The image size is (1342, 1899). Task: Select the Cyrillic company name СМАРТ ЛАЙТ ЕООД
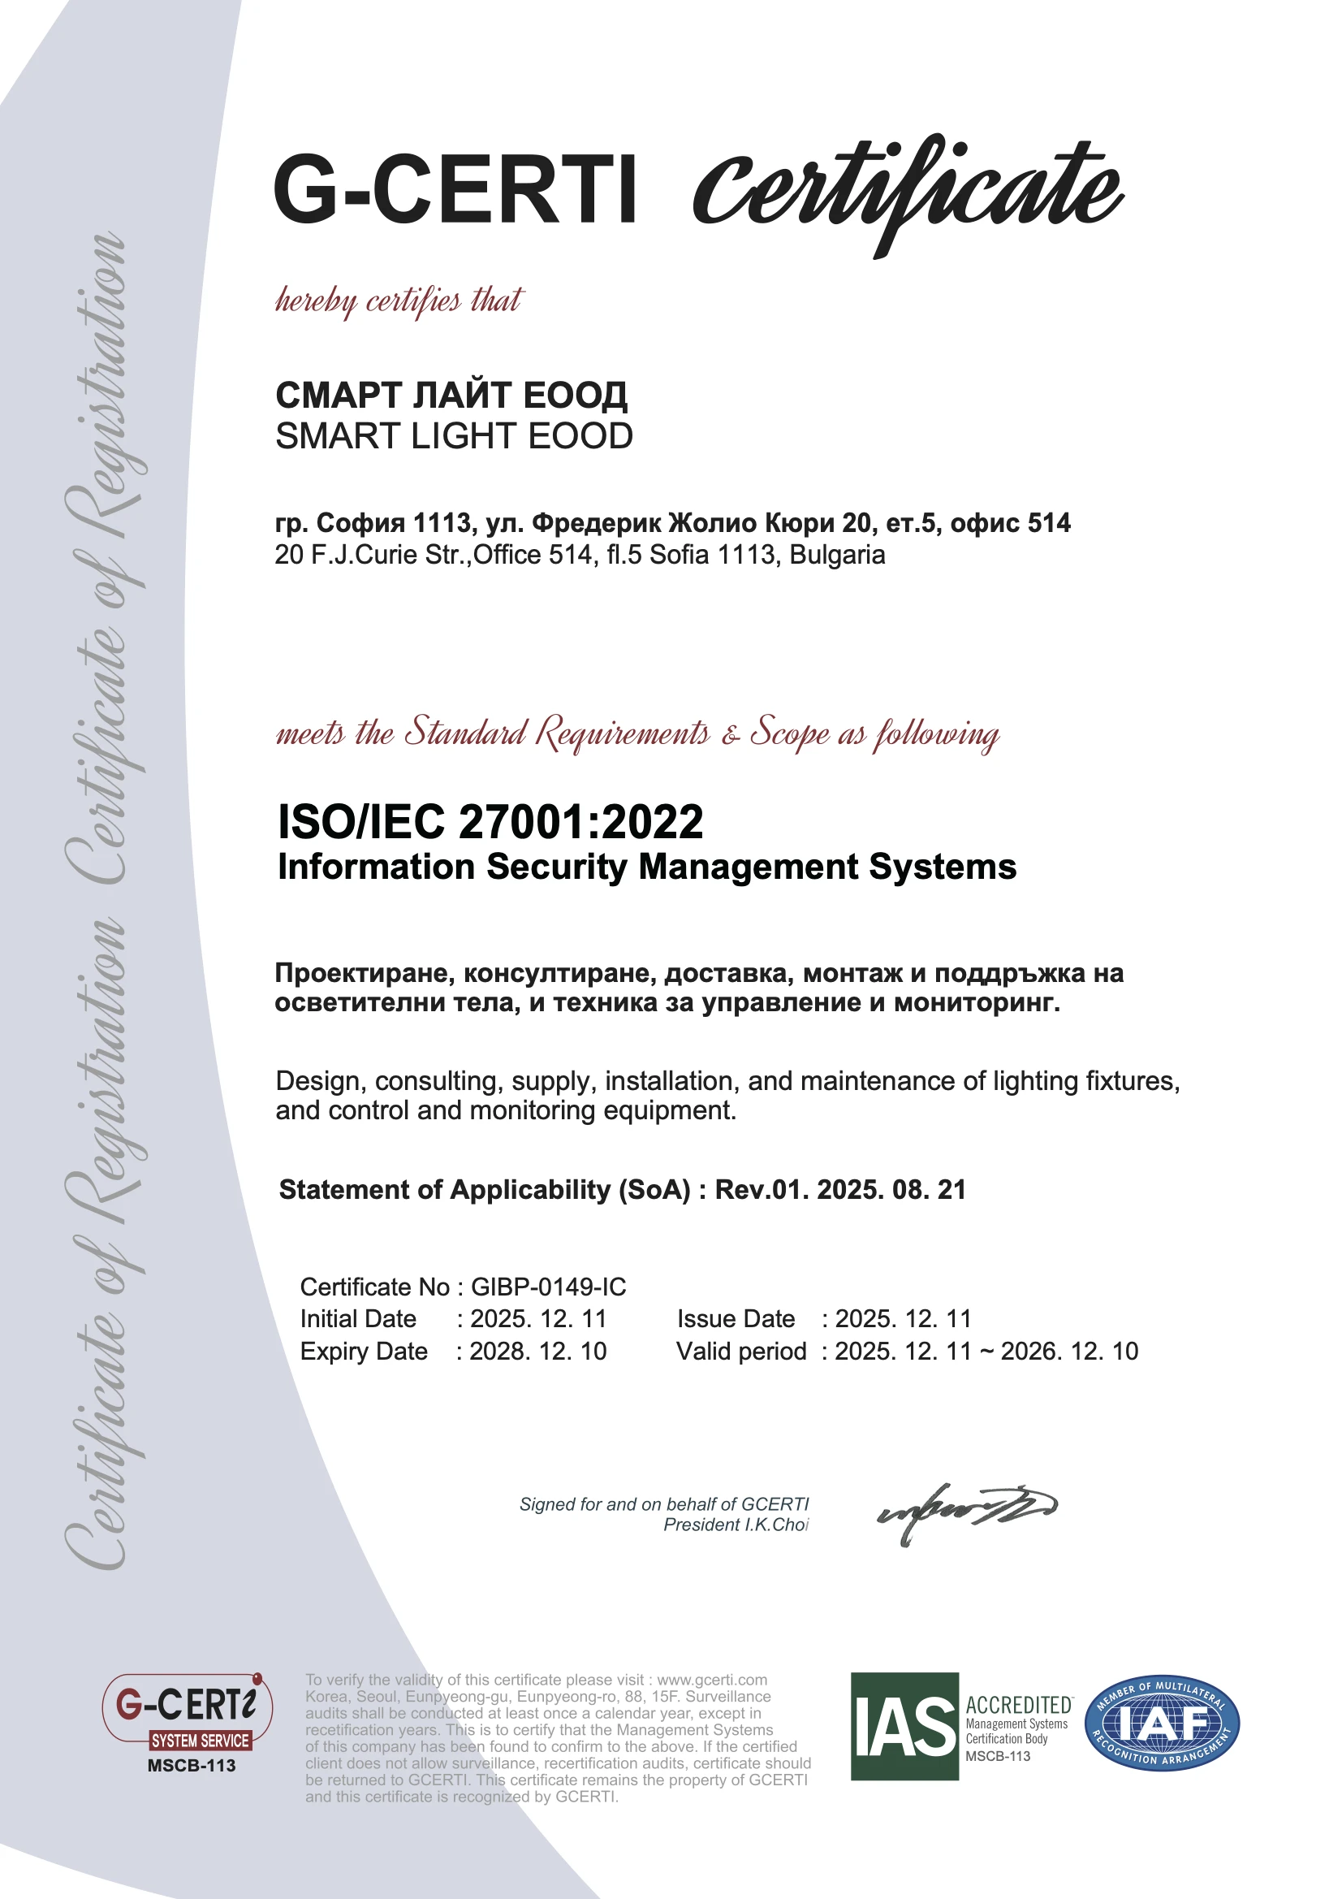(451, 396)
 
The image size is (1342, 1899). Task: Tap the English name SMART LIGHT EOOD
(454, 436)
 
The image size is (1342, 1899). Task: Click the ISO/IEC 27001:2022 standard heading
(490, 821)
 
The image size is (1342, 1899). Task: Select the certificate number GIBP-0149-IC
(548, 1287)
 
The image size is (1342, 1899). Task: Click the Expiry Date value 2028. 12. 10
(537, 1352)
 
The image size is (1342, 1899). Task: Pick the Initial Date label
(358, 1319)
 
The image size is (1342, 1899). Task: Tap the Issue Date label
(736, 1319)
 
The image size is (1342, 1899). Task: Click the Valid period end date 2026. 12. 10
(1069, 1352)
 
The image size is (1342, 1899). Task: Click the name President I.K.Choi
(735, 1525)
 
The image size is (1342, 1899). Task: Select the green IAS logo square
(904, 1726)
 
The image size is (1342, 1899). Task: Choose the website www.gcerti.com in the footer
(712, 1680)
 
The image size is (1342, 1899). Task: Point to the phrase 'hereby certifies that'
(399, 301)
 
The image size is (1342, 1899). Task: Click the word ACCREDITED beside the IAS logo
(1019, 1705)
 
